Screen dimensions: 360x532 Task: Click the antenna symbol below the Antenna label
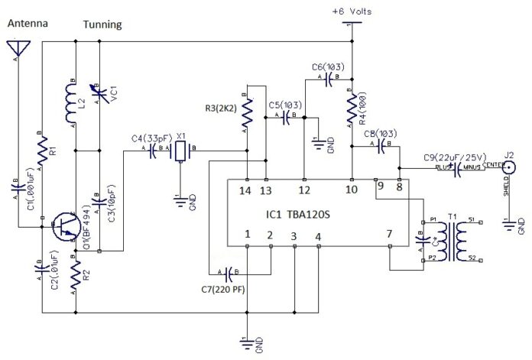15,50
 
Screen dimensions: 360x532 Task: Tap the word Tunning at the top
104,24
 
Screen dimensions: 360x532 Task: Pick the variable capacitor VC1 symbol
101,99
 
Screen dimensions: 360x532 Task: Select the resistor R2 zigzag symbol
76,278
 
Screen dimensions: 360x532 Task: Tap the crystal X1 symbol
180,152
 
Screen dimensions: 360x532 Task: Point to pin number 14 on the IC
245,190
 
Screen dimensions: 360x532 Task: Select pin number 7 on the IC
388,233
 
